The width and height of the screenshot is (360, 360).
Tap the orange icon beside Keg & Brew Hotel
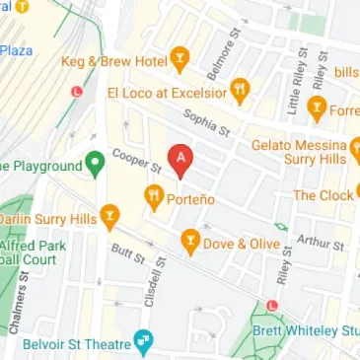pos(180,60)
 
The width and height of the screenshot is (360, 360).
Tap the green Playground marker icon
pos(96,164)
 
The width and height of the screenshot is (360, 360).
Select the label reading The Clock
pos(323,195)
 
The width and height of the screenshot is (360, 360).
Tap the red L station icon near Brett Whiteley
pos(275,305)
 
